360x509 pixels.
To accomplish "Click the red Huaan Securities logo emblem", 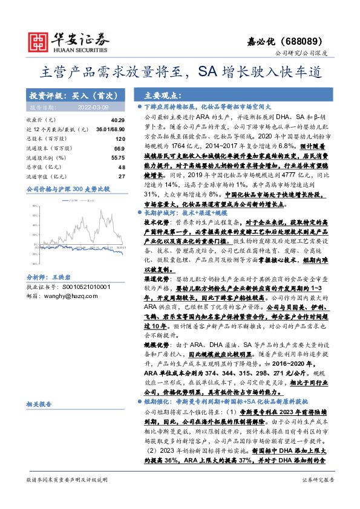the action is pos(39,41).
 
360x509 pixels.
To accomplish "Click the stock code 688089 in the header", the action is pos(317,42).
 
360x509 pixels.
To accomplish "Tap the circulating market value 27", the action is pos(121,175).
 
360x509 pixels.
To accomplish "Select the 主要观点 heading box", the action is pos(160,96).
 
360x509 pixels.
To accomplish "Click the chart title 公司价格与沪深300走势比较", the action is pos(68,189).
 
